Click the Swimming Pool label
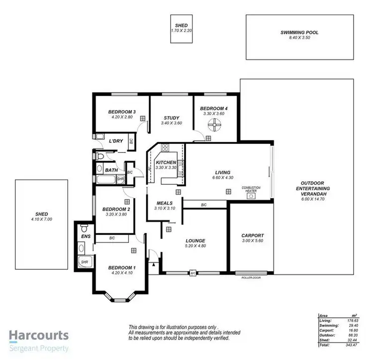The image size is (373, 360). (x=299, y=32)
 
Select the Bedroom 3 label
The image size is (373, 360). (x=122, y=112)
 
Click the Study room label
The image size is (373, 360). (x=172, y=118)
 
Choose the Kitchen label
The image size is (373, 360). (x=166, y=163)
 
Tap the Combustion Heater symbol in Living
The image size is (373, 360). (x=252, y=196)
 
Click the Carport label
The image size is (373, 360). (x=253, y=236)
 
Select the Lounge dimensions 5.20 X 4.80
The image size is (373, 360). (x=195, y=246)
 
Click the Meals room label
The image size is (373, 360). (x=164, y=203)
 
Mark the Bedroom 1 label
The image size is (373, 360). (x=121, y=267)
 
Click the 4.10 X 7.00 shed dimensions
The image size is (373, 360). (x=41, y=219)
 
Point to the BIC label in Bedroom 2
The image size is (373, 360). (x=112, y=239)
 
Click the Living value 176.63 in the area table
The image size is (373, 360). (x=353, y=320)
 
